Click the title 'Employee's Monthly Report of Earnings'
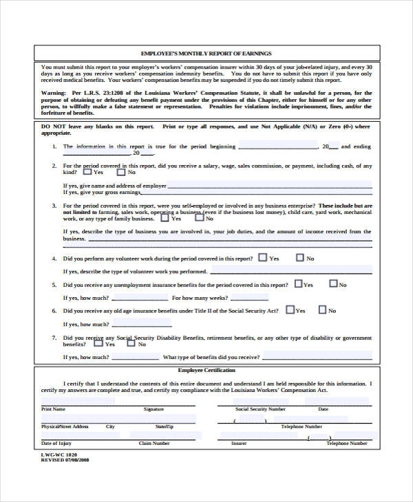[x=206, y=53]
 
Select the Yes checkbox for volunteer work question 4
[x=262, y=258]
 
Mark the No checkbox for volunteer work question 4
[x=299, y=258]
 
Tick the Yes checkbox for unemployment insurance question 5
[x=298, y=283]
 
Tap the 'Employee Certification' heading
[x=206, y=371]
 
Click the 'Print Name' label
[x=53, y=408]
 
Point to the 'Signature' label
[x=153, y=408]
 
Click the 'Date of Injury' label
[x=56, y=444]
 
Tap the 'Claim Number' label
[x=154, y=444]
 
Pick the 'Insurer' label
[x=239, y=444]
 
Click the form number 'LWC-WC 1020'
[x=56, y=455]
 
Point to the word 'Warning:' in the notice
[x=53, y=92]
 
